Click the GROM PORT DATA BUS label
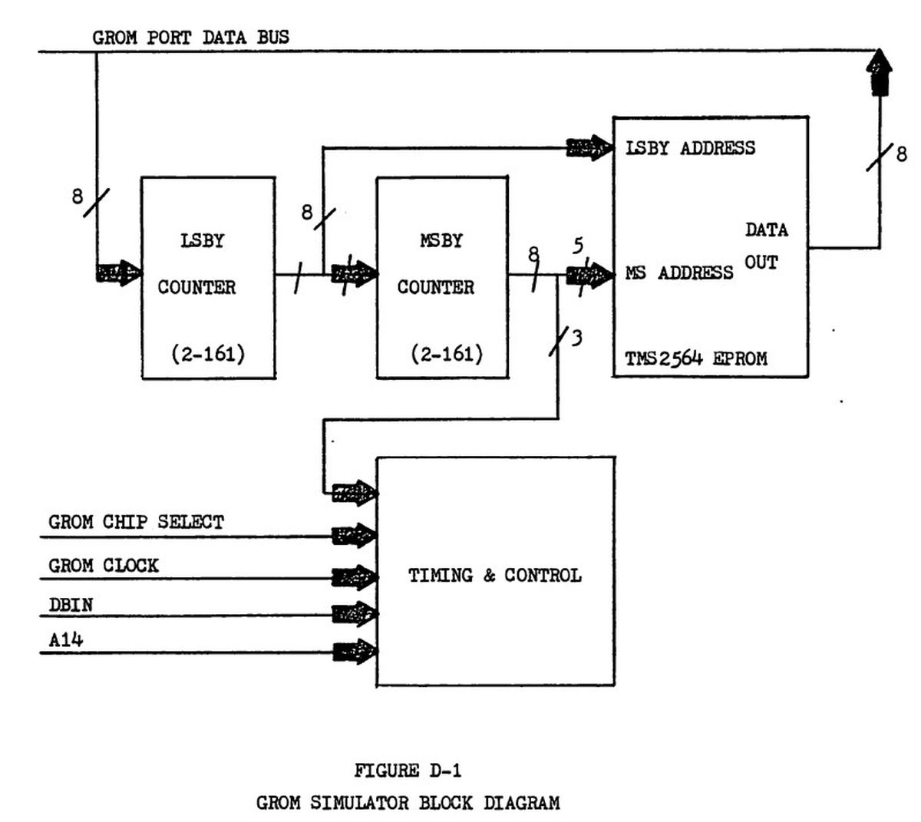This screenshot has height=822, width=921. (191, 37)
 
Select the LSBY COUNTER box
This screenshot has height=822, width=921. (208, 277)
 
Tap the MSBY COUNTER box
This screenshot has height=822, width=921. (441, 277)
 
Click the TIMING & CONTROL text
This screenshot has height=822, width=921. (494, 576)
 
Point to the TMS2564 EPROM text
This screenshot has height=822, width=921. (695, 358)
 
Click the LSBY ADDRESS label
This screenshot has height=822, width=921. (690, 148)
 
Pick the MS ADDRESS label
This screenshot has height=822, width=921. (679, 273)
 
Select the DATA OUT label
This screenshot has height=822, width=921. (766, 246)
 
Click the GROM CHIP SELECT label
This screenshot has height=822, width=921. (136, 523)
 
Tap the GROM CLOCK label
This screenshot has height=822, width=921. (104, 566)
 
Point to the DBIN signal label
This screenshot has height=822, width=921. (71, 605)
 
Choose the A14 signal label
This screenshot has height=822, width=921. (65, 639)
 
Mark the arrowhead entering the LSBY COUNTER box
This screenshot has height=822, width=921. (119, 272)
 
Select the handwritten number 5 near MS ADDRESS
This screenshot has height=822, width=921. (578, 246)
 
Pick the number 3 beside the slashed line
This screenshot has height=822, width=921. (576, 337)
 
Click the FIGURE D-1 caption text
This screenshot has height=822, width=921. (408, 770)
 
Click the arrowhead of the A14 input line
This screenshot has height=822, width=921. (355, 653)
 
